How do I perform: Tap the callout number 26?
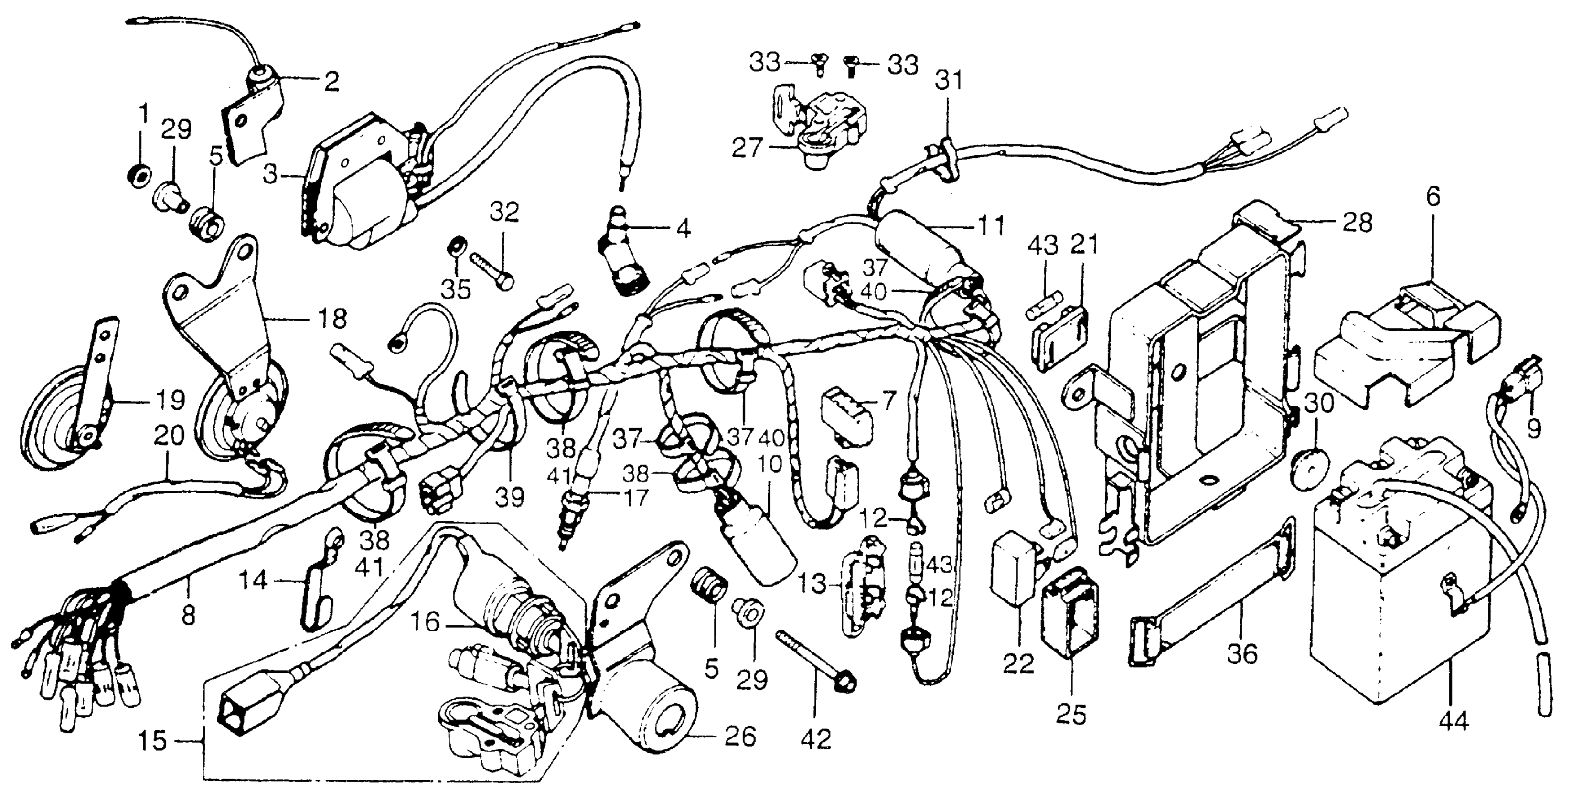[740, 737]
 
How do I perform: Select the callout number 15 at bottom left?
[151, 741]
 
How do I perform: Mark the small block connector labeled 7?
[846, 412]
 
